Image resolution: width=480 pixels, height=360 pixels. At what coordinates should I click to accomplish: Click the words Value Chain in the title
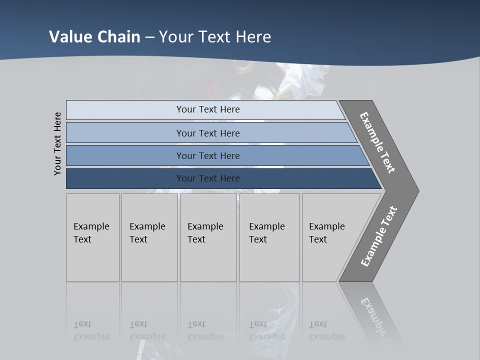(94, 37)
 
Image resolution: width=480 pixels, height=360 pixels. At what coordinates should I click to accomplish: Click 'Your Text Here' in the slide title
(215, 37)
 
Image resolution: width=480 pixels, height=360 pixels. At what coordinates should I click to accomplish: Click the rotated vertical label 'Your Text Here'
(57, 144)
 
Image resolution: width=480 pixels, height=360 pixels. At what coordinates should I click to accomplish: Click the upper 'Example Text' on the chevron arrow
(377, 142)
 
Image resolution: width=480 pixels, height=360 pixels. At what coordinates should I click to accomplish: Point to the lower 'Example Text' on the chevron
(379, 236)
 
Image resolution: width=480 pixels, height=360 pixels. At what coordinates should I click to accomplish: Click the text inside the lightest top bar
(208, 109)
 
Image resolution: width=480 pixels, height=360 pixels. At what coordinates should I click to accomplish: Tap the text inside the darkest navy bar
(208, 178)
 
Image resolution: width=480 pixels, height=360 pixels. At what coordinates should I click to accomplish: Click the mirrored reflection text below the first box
(91, 330)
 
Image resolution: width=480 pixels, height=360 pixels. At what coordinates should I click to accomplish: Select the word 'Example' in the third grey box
(205, 226)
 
